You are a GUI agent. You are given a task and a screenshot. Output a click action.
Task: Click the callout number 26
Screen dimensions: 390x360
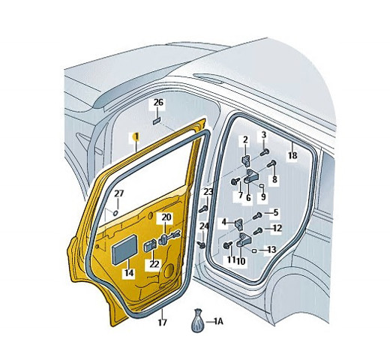(x=158, y=103)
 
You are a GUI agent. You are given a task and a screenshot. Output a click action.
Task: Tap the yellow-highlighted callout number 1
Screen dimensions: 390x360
(x=136, y=136)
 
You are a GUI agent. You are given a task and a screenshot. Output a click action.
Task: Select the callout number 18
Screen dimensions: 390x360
(x=292, y=155)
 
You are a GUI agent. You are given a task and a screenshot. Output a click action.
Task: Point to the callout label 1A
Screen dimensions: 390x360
(x=218, y=321)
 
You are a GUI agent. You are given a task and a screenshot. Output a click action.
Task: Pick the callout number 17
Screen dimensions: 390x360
(x=162, y=322)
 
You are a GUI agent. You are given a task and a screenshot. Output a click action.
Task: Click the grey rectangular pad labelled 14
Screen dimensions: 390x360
(x=124, y=250)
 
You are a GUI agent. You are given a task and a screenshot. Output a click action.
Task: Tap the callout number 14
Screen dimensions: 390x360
(x=129, y=273)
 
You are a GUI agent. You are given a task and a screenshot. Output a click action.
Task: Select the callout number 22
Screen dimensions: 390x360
(x=154, y=264)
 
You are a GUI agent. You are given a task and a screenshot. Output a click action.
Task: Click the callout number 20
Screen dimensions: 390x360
(x=166, y=217)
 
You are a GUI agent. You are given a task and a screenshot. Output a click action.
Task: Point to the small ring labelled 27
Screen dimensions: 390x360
(x=115, y=213)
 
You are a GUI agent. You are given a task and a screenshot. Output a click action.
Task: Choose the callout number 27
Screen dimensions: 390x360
(x=119, y=193)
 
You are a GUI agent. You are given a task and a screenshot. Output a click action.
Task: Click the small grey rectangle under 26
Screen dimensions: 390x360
(x=157, y=121)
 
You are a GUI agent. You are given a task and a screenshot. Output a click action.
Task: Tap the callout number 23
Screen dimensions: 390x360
(x=208, y=192)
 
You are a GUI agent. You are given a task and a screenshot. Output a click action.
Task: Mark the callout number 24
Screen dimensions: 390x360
(x=204, y=226)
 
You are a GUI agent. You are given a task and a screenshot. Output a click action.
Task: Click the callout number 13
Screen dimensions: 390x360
(x=271, y=250)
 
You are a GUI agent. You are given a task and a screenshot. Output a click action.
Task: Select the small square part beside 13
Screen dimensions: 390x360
(x=254, y=250)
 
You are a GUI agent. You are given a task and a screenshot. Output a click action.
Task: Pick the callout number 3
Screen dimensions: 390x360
(x=264, y=135)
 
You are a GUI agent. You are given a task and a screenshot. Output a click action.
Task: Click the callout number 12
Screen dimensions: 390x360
(x=277, y=228)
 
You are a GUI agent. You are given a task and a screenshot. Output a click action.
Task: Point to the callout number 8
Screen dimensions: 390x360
(x=274, y=179)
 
